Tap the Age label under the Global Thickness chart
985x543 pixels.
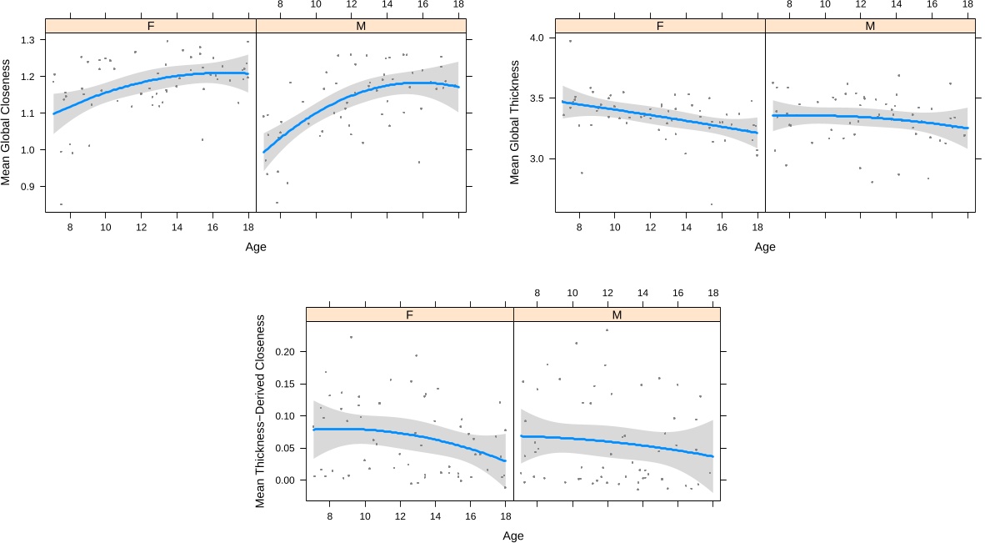click(x=764, y=247)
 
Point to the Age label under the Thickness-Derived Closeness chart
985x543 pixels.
click(x=513, y=535)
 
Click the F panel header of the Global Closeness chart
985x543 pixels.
click(x=151, y=26)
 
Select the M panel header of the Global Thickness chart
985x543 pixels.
click(x=870, y=26)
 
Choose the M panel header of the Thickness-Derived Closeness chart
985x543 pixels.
click(x=617, y=314)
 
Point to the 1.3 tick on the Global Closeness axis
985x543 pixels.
click(x=27, y=40)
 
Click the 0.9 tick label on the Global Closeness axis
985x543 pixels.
click(x=27, y=187)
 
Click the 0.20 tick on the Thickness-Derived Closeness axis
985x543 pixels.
click(x=283, y=352)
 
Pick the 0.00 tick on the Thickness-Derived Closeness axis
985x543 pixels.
click(x=283, y=480)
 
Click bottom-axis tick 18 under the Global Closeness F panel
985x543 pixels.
click(x=247, y=228)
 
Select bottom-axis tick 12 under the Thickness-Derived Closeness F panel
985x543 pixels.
click(x=401, y=516)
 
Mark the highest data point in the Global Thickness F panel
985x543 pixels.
click(x=570, y=41)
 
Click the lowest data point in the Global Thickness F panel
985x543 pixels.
click(x=711, y=204)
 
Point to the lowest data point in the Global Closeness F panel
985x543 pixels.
click(x=61, y=204)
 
